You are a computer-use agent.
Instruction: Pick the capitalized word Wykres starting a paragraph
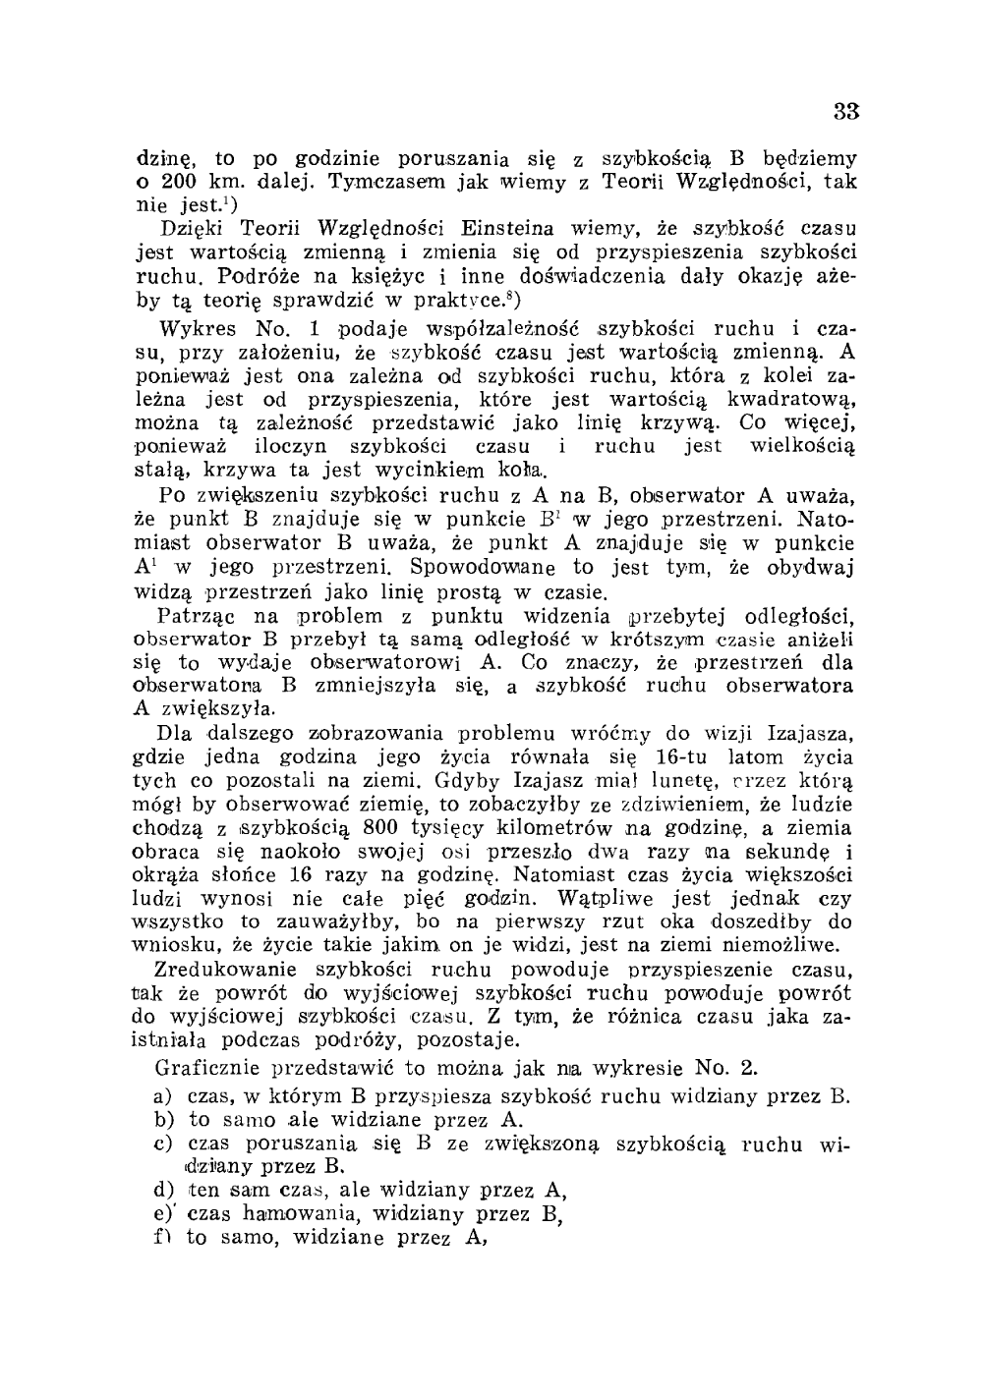pos(193,327)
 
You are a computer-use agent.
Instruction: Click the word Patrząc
pos(195,616)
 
